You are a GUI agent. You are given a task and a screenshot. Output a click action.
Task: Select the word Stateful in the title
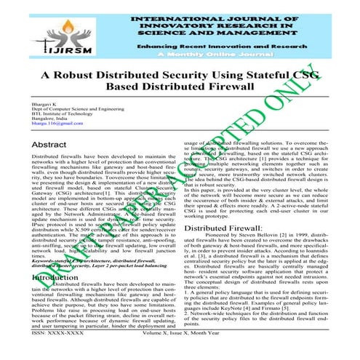click(x=267, y=74)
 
